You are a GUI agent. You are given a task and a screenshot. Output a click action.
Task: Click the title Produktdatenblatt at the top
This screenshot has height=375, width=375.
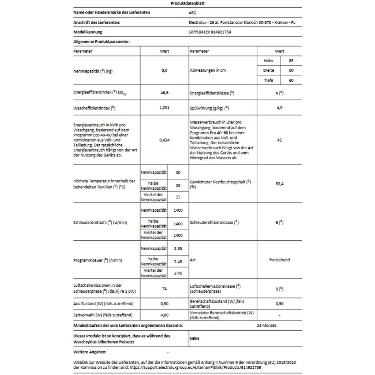coord(185,3)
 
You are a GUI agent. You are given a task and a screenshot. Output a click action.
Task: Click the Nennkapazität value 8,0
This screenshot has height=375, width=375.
coord(164,71)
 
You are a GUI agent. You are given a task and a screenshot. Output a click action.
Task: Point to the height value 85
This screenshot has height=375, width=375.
coord(291,61)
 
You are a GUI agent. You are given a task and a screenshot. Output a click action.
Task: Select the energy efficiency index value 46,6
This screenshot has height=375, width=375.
coord(164,93)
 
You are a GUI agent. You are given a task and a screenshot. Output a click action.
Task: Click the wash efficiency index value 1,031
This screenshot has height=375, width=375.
coord(164,108)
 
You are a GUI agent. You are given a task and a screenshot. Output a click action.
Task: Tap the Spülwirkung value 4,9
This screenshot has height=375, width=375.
coord(279,108)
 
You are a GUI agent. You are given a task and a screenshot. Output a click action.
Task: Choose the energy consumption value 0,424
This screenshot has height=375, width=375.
coord(164,140)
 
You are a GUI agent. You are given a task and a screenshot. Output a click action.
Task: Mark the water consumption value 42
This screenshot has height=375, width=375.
coord(279,140)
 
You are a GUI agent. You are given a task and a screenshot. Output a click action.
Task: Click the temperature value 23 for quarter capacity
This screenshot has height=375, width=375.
coord(178,197)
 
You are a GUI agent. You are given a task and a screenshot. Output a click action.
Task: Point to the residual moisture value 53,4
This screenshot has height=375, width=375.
coord(279,183)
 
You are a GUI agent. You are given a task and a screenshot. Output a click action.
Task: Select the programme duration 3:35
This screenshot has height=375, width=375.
coord(178,248)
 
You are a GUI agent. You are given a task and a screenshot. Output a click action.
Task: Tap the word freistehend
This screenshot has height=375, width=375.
coord(279,260)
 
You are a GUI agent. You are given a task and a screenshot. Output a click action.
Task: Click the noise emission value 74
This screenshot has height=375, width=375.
coord(164,289)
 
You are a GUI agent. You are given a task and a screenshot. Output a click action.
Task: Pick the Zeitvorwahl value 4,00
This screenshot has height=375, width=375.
coord(164,315)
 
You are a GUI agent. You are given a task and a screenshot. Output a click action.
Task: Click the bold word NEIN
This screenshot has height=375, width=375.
coord(194,339)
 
